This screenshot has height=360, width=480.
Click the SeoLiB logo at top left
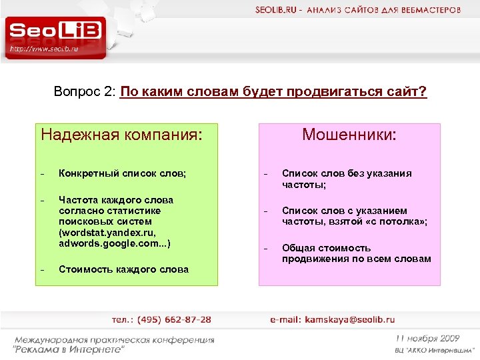pyautogui.click(x=56, y=31)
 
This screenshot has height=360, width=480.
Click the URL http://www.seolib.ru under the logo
pyautogui.click(x=45, y=49)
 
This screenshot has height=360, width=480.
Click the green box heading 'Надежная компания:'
pyautogui.click(x=121, y=135)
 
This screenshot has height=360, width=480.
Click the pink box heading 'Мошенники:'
pyautogui.click(x=349, y=135)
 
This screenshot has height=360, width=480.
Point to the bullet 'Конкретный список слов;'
pyautogui.click(x=123, y=173)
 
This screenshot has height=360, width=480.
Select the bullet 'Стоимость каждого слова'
pyautogui.click(x=123, y=269)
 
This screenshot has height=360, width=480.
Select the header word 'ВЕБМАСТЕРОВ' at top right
pyautogui.click(x=435, y=10)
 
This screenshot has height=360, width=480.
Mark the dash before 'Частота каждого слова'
pyautogui.click(x=42, y=200)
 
